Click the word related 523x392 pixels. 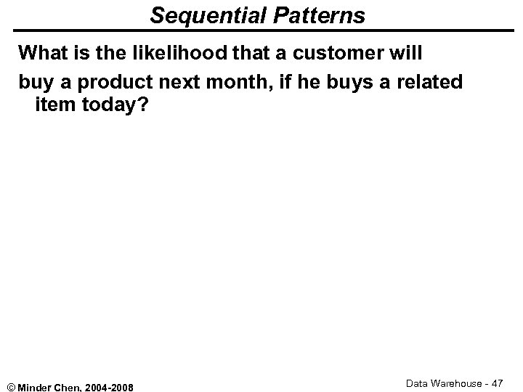click(426, 82)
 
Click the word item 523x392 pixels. click(53, 106)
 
